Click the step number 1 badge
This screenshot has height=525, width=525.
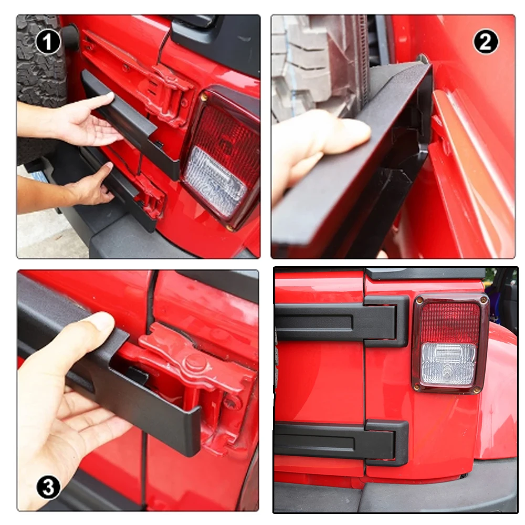[48, 42]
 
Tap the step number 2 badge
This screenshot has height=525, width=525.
[486, 42]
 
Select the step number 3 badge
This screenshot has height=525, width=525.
[48, 487]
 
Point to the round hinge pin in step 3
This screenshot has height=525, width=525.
[196, 361]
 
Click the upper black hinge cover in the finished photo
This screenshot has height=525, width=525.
[342, 321]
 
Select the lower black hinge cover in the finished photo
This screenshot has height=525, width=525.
[342, 443]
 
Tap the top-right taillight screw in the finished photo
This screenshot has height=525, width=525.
[482, 299]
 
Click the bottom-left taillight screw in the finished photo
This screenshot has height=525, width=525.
[417, 387]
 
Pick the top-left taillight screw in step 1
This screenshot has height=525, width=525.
[203, 98]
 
